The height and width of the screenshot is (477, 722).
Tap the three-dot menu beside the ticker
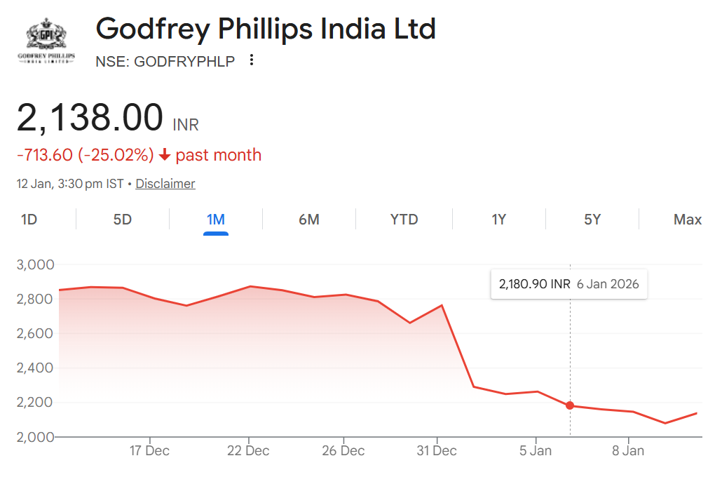coord(252,60)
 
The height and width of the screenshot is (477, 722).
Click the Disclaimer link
coord(165,184)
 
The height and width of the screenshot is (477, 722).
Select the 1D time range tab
coord(29,220)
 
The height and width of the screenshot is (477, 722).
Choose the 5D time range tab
coord(123,220)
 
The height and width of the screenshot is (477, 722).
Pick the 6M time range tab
coord(309,220)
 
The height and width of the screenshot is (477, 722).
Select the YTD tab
coord(404,220)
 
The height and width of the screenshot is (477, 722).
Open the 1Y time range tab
coord(498,220)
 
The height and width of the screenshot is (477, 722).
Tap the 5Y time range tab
coord(592,220)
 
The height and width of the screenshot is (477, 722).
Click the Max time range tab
coord(687,220)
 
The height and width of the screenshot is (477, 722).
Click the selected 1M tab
coord(216,220)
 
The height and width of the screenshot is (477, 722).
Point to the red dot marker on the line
coord(570,405)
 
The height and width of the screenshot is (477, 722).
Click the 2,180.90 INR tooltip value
coord(534,285)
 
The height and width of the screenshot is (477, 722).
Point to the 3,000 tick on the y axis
coord(35,264)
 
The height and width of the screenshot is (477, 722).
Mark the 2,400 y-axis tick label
coord(35,368)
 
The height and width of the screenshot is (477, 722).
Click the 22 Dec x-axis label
coord(249,450)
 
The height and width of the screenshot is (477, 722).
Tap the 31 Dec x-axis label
coord(437,450)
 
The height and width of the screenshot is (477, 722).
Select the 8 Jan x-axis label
coord(628,450)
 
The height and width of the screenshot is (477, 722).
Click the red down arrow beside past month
coord(165,155)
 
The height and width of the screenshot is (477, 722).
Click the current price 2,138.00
coord(90,118)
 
